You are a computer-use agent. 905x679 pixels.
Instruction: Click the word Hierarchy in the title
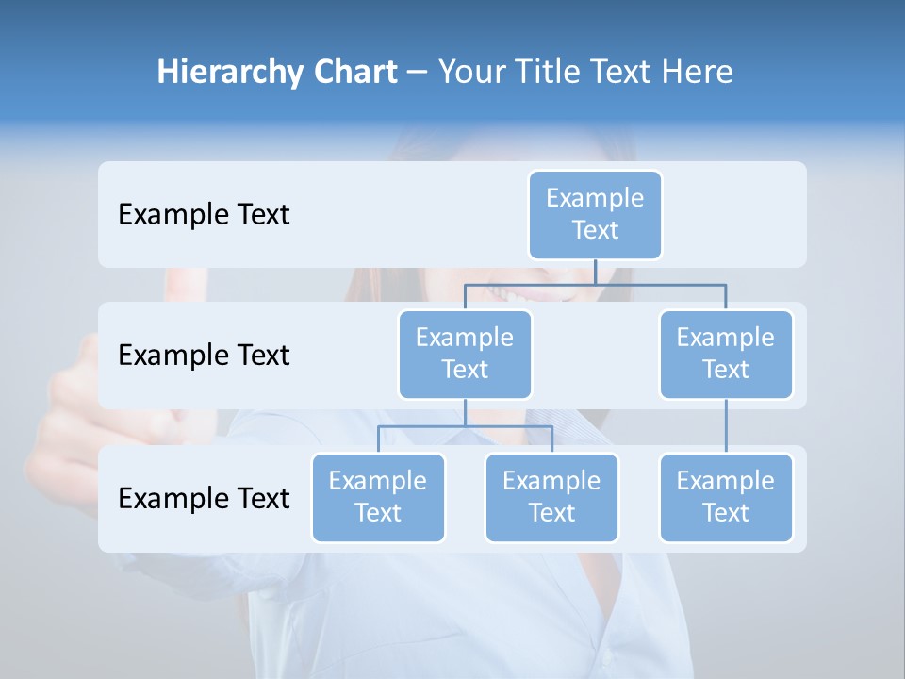tap(216, 73)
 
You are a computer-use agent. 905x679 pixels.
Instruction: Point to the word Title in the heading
tap(547, 73)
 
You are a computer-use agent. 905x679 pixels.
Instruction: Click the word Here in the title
tap(698, 73)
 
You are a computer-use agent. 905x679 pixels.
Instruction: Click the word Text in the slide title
tap(623, 73)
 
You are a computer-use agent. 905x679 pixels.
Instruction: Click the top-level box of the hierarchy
tap(595, 214)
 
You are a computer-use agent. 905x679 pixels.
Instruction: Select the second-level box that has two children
tap(465, 354)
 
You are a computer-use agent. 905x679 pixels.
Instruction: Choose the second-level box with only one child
tap(726, 354)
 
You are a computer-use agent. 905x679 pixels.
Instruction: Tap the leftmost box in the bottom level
tap(378, 497)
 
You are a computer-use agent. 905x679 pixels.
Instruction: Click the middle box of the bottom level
tap(551, 497)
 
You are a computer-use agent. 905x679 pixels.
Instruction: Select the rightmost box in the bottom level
tap(726, 497)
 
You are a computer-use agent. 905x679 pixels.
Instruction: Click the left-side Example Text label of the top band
tap(204, 215)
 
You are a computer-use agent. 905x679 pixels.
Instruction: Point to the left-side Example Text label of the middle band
tap(204, 356)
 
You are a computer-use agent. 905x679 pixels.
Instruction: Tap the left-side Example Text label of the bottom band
tap(204, 498)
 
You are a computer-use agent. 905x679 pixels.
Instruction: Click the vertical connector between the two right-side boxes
tap(726, 426)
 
